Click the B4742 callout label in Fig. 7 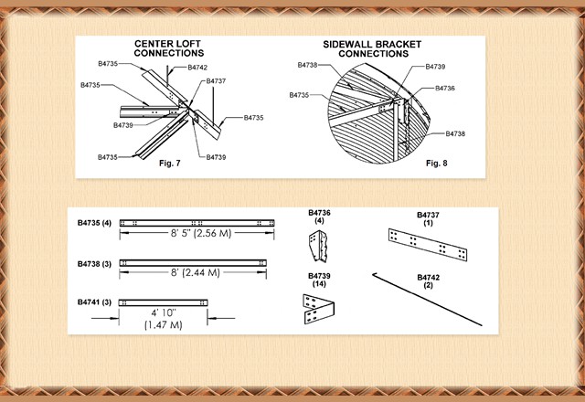click(197, 68)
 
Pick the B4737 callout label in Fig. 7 click(217, 81)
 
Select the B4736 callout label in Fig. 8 click(445, 88)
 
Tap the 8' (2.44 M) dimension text click(196, 272)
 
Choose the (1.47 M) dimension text click(164, 325)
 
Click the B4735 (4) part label click(94, 223)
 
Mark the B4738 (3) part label click(94, 263)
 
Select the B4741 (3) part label click(94, 302)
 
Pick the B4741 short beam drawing click(164, 302)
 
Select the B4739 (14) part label click(320, 280)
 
